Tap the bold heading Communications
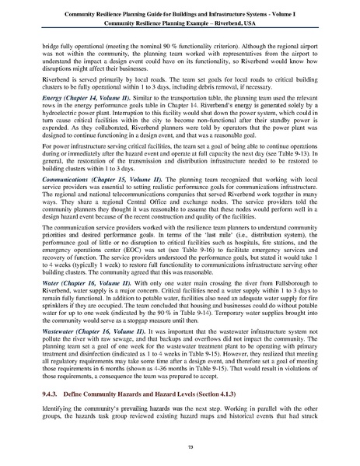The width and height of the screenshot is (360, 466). pyautogui.click(x=68, y=200)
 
